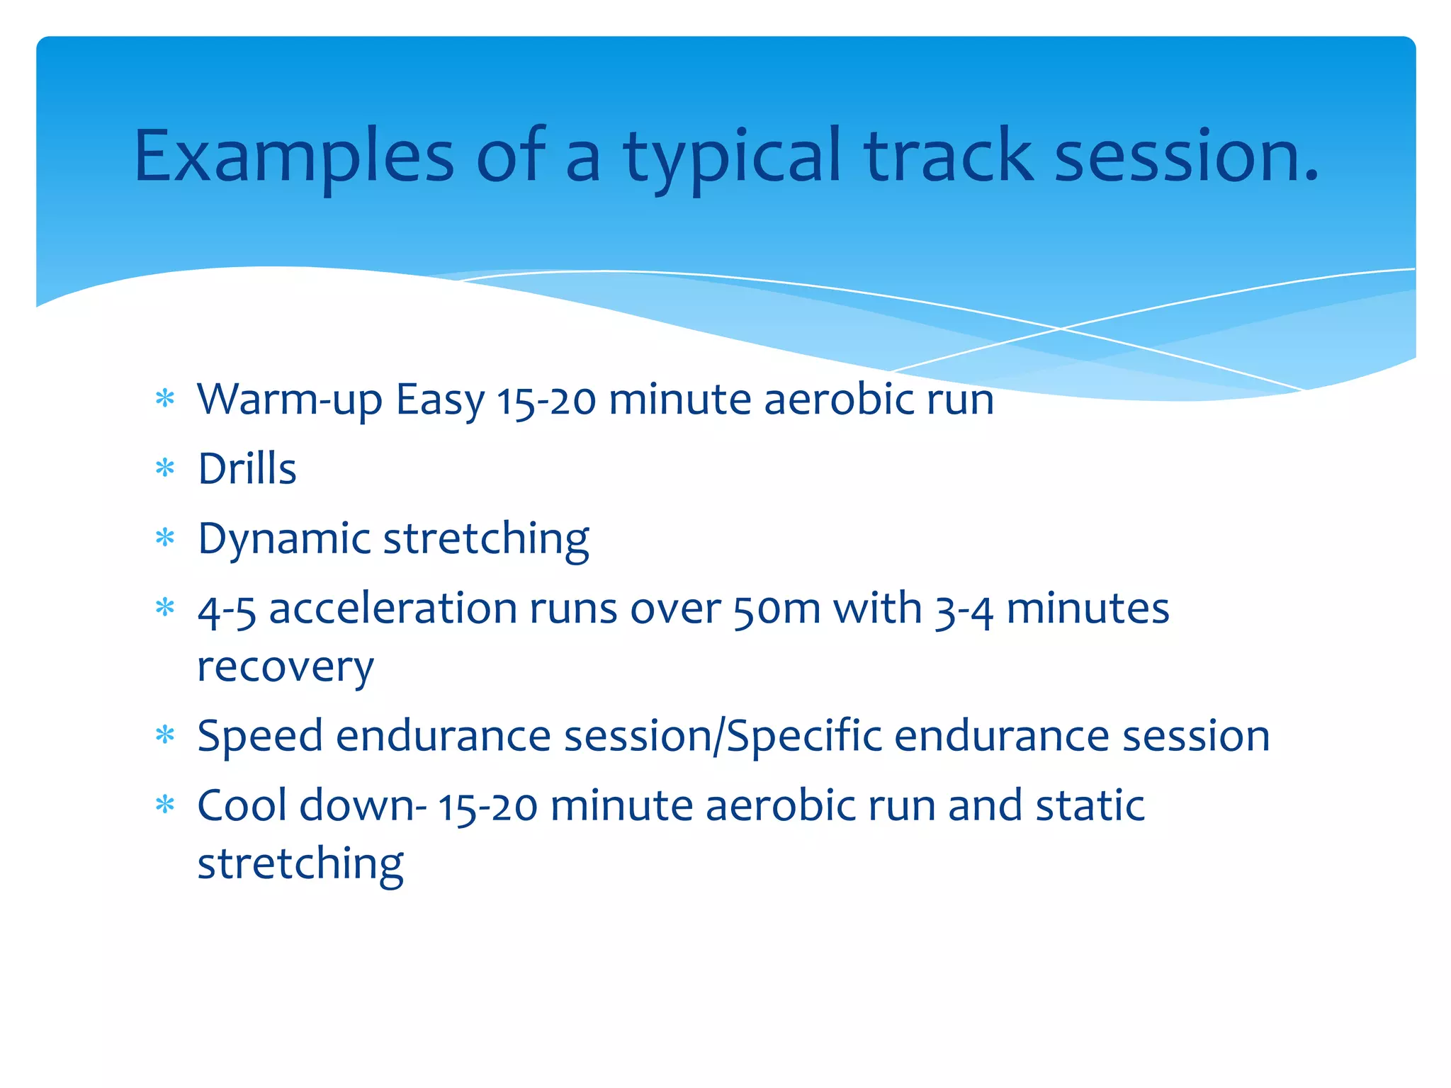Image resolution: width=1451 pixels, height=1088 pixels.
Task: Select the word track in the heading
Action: pyautogui.click(x=948, y=156)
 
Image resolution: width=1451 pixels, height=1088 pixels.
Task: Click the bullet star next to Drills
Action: pyautogui.click(x=165, y=468)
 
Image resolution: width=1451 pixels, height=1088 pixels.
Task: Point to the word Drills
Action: pyautogui.click(x=247, y=469)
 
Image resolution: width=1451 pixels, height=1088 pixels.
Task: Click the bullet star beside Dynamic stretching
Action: pyautogui.click(x=165, y=538)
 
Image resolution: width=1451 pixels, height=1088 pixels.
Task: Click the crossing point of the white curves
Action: pyautogui.click(x=1061, y=329)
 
